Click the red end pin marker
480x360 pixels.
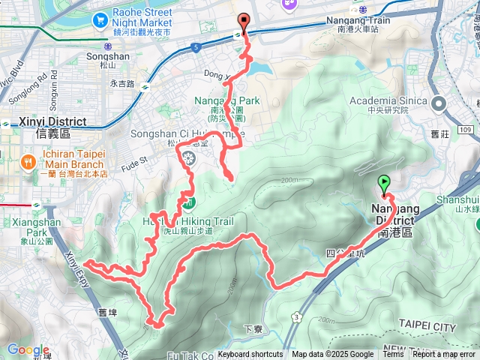[243, 22]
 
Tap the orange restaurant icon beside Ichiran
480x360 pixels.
[28, 160]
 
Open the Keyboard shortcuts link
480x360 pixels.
[250, 355]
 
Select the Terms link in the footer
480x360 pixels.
[393, 355]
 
